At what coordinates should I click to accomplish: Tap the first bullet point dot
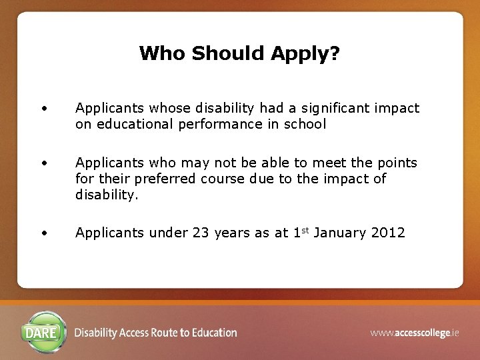click(43, 108)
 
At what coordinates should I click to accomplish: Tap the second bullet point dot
click(43, 163)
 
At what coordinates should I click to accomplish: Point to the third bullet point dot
click(43, 233)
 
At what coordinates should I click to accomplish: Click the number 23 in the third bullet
click(201, 233)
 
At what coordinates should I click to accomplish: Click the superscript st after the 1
click(303, 230)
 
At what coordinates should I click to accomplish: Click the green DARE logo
click(45, 331)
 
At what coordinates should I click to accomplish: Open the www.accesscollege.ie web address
click(415, 332)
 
